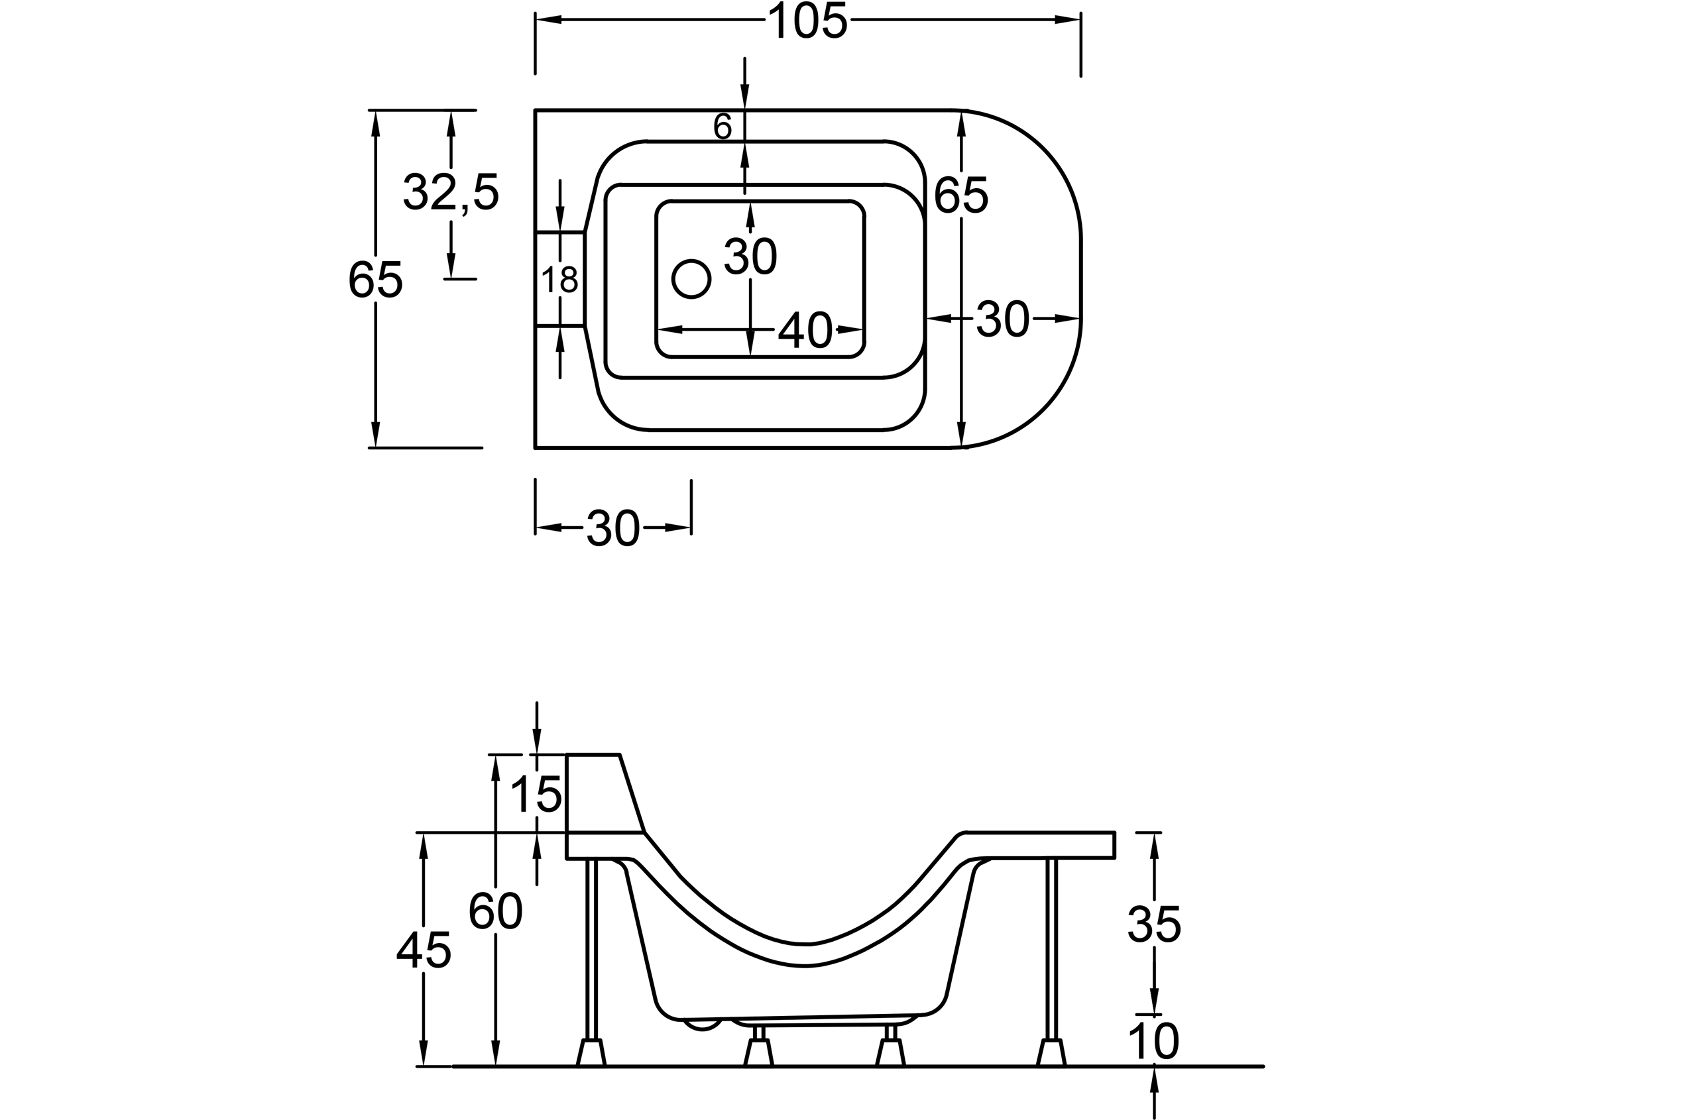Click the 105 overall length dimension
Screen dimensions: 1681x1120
[x=807, y=21]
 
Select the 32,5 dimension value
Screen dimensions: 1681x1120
[x=451, y=192]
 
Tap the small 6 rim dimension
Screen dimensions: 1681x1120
[x=723, y=127]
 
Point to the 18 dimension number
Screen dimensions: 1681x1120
[x=559, y=279]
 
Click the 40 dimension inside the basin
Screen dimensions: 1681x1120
[x=805, y=330]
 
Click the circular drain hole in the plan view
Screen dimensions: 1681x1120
[x=691, y=278]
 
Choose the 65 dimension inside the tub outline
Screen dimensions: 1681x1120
[x=961, y=194]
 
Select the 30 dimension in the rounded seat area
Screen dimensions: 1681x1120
[x=1002, y=319]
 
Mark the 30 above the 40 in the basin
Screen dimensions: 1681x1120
[x=750, y=256]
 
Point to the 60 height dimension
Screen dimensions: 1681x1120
[x=496, y=911]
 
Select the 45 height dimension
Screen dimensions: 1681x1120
[x=424, y=950]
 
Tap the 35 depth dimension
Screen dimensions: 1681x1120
[x=1155, y=924]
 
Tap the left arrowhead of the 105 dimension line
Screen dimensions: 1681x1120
[x=548, y=20]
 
